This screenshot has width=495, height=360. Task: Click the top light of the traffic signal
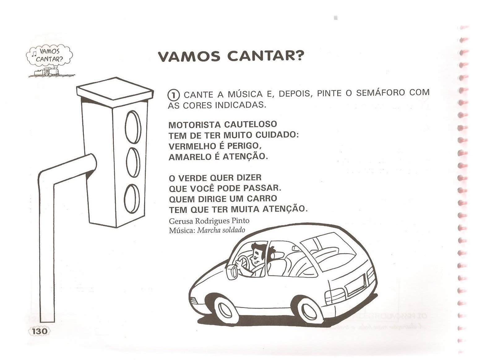point(133,126)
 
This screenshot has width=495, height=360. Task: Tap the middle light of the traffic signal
point(133,162)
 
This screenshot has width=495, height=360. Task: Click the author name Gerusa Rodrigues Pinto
point(209,221)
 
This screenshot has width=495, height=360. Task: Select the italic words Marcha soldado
point(221,230)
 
